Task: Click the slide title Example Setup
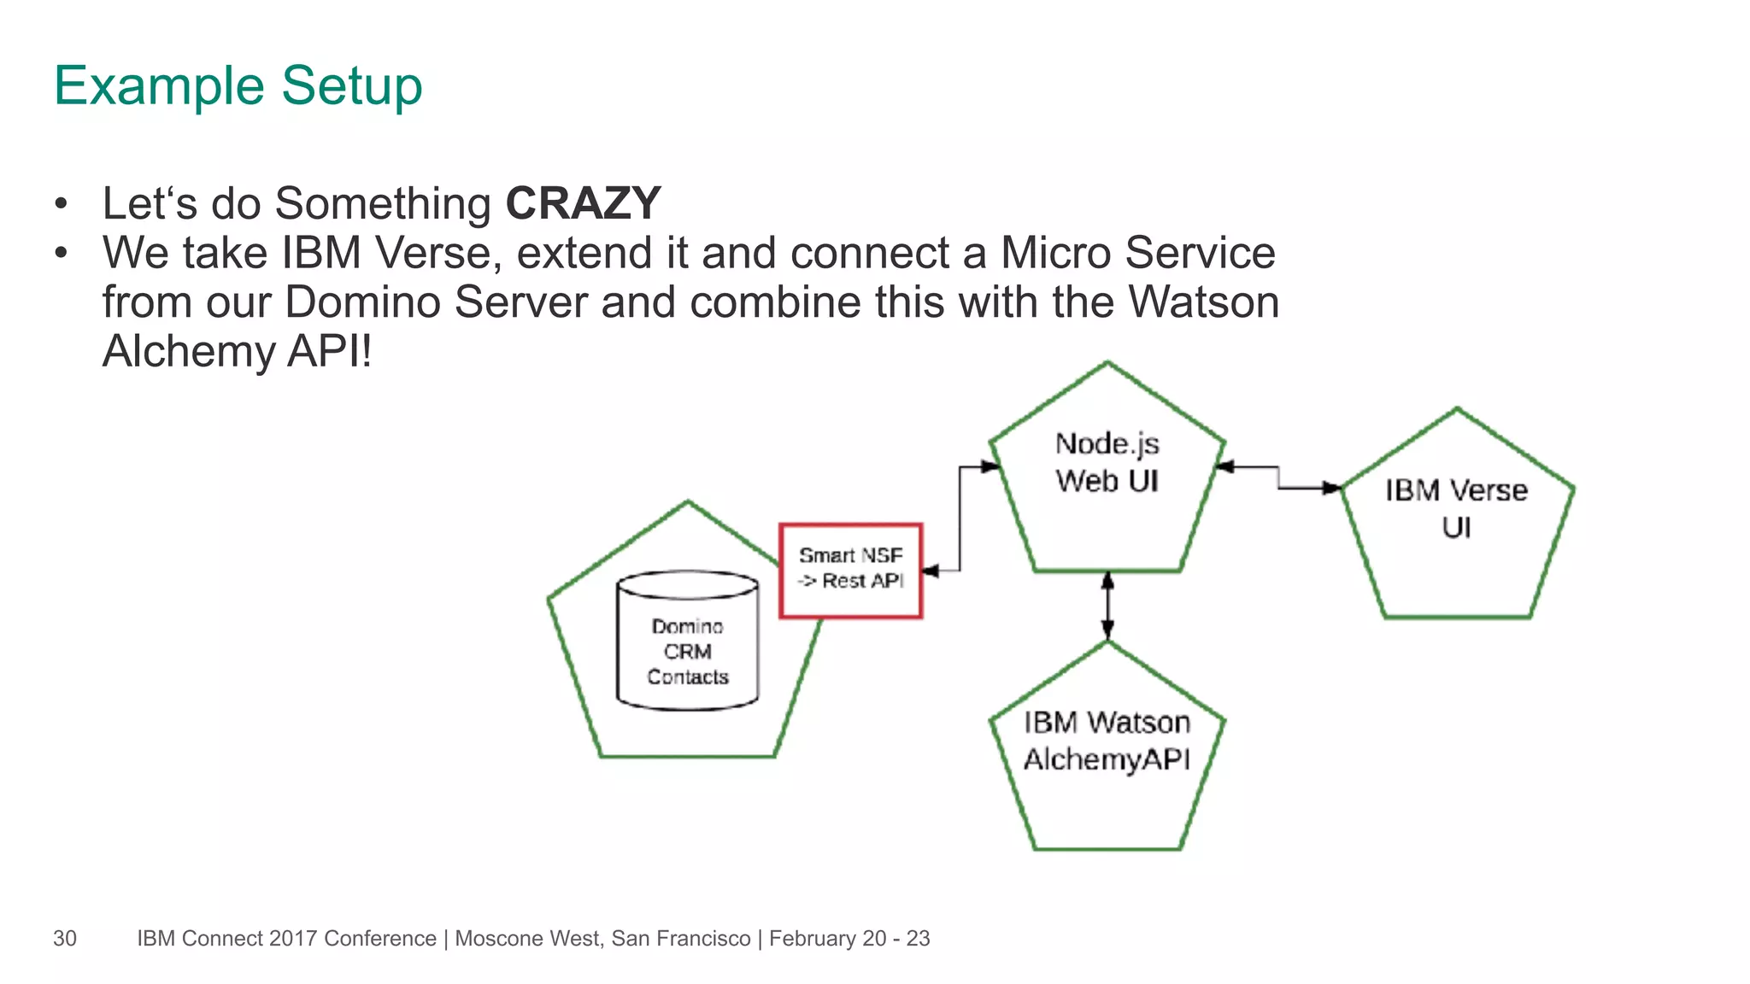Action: pos(238,85)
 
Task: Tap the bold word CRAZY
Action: pos(583,203)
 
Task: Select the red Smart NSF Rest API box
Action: pos(850,570)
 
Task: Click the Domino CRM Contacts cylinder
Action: pos(687,641)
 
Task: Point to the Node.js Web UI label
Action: pos(1107,462)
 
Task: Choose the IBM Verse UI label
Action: pos(1456,508)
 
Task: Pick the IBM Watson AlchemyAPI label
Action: pos(1107,741)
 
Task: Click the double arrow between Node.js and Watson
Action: pos(1107,606)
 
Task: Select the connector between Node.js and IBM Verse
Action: pos(1278,478)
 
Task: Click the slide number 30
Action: pos(65,938)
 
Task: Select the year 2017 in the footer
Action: pos(293,938)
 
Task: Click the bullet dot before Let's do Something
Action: pos(60,204)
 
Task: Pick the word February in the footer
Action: pos(813,938)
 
